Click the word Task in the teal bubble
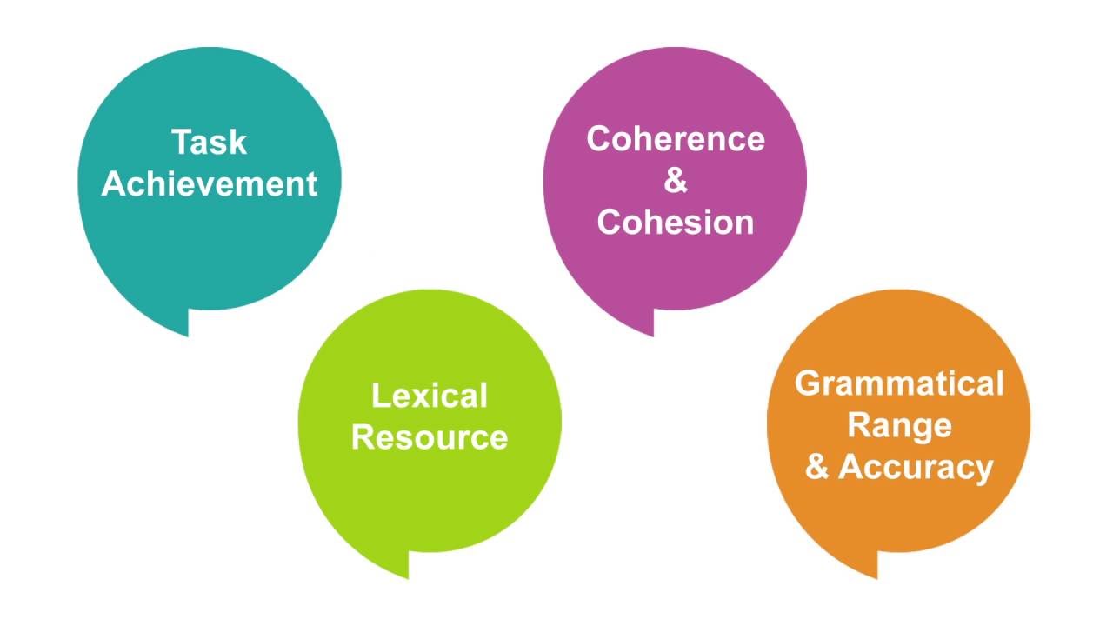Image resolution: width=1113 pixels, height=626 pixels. coord(210,143)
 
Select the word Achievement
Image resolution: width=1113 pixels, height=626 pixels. coord(210,184)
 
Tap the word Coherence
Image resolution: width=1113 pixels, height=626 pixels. coord(676,139)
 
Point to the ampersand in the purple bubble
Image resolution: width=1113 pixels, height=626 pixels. coord(676,181)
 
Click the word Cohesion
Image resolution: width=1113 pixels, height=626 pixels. coord(676,223)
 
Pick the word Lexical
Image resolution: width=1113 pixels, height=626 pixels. coord(430,396)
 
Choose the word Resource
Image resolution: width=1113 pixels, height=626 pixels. coord(430,437)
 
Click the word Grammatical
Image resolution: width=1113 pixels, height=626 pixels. coord(899,383)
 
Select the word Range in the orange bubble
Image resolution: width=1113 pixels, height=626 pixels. coord(899,425)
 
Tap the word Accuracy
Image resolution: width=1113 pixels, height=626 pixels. coord(916,468)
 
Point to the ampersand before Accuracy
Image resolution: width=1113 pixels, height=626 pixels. coord(816,468)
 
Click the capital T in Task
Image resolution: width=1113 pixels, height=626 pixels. coord(183,143)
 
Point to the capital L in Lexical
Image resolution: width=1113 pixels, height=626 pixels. coord(379,396)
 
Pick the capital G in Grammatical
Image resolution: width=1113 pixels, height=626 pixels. coord(808,383)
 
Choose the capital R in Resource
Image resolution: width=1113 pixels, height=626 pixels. coord(363,437)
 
